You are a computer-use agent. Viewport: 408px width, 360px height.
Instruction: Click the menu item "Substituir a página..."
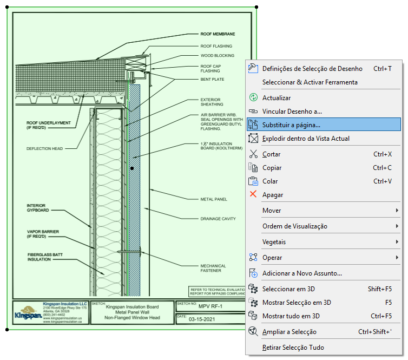click(291, 125)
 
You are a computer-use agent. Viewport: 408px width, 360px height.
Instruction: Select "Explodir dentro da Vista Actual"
click(306, 139)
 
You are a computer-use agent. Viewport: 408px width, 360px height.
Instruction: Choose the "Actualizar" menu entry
click(277, 98)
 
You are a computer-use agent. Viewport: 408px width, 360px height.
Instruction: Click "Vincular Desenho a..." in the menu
click(292, 112)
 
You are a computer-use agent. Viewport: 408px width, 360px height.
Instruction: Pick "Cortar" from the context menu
click(272, 154)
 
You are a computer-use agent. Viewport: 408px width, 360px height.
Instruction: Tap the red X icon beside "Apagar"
click(253, 194)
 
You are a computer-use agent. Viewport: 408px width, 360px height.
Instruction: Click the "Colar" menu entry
click(271, 181)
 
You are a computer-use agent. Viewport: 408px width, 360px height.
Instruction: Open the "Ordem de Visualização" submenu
click(295, 226)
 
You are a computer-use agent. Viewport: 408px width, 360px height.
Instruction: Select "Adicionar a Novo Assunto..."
click(302, 273)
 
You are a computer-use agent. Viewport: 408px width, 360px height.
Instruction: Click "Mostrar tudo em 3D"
click(291, 316)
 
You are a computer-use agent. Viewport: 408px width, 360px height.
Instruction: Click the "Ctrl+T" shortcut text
click(383, 69)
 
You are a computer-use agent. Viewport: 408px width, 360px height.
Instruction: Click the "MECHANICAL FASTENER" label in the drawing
click(213, 269)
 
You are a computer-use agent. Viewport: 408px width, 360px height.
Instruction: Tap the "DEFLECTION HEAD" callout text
click(45, 149)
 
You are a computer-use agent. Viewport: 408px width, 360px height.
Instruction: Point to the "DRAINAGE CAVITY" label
click(218, 219)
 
